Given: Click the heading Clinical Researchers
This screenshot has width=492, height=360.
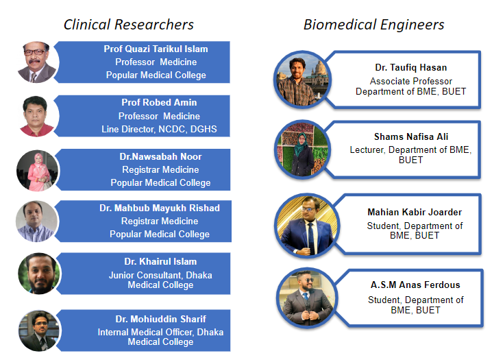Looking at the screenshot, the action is tap(129, 25).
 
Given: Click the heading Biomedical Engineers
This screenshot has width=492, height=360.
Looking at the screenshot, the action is tap(373, 25).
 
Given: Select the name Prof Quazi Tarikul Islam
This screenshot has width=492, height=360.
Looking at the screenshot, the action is tap(156, 49).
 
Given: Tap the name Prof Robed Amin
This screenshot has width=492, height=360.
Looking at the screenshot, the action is tap(159, 102).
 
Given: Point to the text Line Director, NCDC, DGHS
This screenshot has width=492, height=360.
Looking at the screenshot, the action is tap(159, 129).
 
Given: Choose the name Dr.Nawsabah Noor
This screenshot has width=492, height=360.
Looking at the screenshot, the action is tap(160, 156).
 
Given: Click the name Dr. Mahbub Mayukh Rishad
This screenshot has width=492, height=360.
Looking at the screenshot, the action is tap(160, 208).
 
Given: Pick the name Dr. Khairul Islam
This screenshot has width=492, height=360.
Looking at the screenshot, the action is tap(160, 261).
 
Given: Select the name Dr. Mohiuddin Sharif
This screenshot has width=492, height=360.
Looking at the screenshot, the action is tap(160, 319).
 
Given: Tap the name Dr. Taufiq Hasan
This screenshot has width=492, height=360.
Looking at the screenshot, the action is tap(411, 67).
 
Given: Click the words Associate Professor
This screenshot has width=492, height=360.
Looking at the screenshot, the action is tap(411, 82).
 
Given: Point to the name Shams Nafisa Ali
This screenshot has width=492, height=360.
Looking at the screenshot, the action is tap(411, 136).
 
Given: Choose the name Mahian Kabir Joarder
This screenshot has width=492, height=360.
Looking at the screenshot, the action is tap(415, 212).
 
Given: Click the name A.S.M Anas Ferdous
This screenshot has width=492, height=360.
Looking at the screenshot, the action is tap(415, 285).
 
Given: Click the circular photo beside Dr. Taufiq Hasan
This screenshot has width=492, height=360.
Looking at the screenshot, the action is tap(302, 80).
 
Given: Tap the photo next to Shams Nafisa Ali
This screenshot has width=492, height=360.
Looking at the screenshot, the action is tap(302, 149).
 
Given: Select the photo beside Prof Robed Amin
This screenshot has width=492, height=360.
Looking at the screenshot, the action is tap(37, 116).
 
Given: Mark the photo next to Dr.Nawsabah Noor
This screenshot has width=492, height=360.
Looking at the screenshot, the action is tap(37, 171).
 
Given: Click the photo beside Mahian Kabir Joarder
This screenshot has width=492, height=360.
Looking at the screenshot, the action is tap(307, 226).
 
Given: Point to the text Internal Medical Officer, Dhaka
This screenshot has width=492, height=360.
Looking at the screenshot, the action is tap(160, 332).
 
